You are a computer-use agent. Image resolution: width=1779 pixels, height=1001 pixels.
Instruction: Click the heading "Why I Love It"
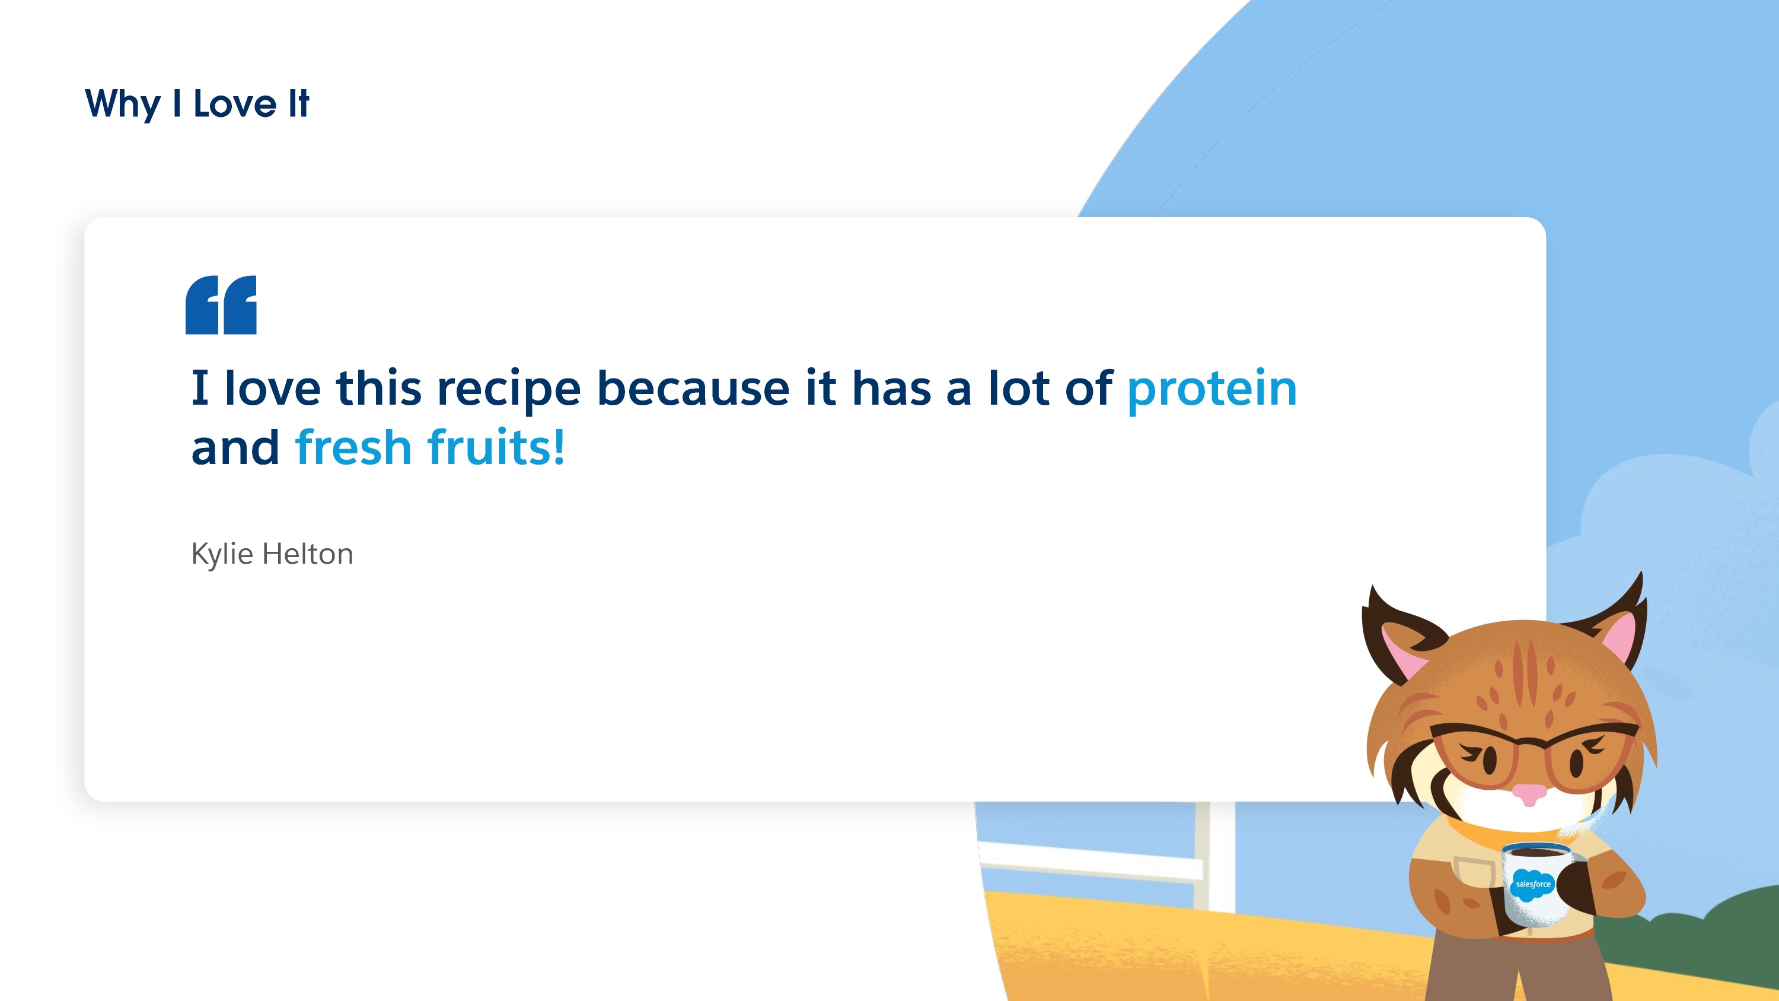pyautogui.click(x=197, y=104)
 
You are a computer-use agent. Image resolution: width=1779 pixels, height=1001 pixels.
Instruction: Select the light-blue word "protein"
pyautogui.click(x=1212, y=390)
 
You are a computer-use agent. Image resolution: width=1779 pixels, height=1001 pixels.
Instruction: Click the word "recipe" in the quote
pyautogui.click(x=509, y=390)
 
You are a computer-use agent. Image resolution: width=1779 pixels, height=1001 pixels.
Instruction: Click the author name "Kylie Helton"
pyautogui.click(x=272, y=555)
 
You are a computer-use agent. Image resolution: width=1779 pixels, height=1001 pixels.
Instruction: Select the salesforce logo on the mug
pyautogui.click(x=1532, y=884)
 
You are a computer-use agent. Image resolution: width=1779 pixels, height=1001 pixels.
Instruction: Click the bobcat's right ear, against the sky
pyautogui.click(x=1612, y=622)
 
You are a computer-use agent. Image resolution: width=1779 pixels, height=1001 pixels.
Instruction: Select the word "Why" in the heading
pyautogui.click(x=123, y=104)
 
